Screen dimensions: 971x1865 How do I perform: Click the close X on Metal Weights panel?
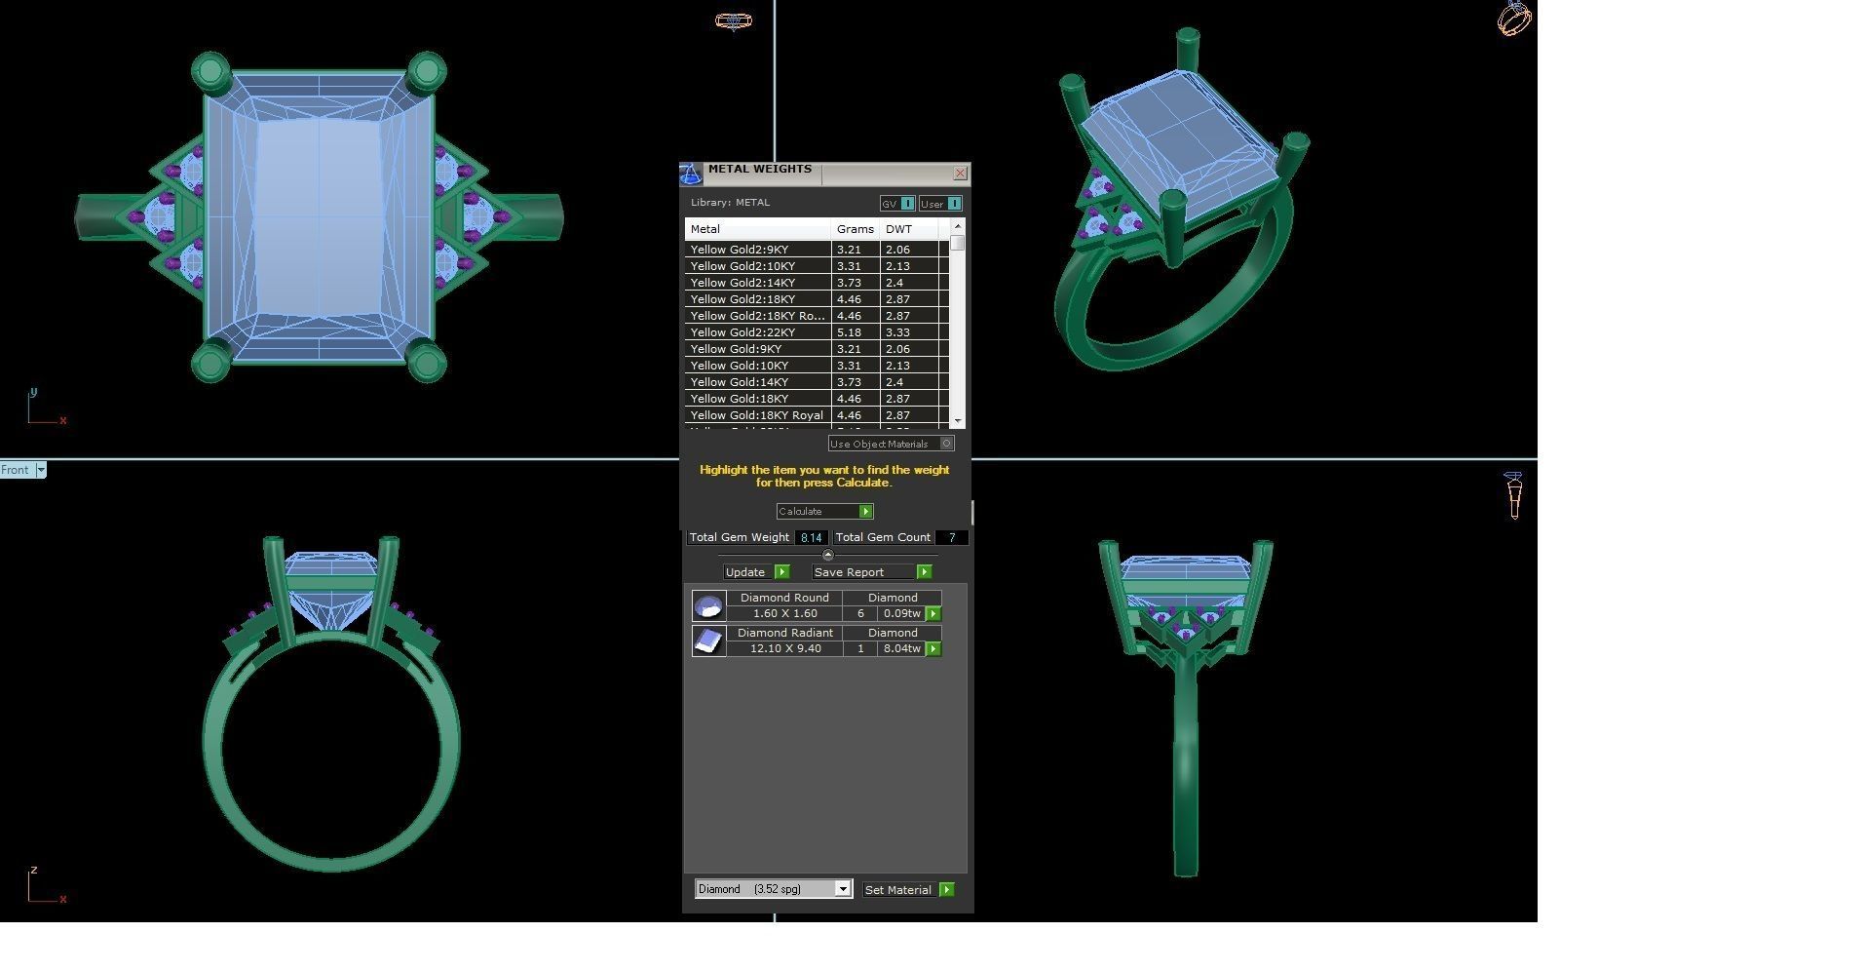tap(960, 174)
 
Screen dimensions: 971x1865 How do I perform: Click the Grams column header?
tap(855, 229)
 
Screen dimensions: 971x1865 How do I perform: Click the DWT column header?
tap(898, 229)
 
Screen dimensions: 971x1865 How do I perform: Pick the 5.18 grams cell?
tap(849, 332)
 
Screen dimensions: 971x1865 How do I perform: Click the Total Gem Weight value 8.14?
tap(811, 537)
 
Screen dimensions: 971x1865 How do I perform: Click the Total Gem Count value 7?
tap(951, 537)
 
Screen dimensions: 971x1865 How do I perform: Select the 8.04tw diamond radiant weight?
tap(901, 648)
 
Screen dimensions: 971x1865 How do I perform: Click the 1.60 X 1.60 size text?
tap(784, 613)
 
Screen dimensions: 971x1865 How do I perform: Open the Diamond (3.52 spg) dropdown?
tap(843, 889)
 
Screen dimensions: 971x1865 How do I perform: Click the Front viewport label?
tap(16, 470)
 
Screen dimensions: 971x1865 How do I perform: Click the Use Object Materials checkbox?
tap(946, 444)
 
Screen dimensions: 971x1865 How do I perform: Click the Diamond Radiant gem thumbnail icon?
tap(708, 641)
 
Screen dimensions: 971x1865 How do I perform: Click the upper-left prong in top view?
tap(210, 72)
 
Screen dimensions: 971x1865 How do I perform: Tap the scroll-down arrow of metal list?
tap(958, 421)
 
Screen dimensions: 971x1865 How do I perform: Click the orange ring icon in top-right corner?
tap(1513, 19)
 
